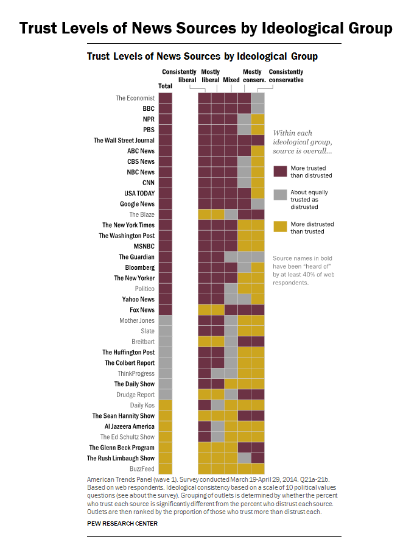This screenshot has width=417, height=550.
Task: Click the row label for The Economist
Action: (135, 98)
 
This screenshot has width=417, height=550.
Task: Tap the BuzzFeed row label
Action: (142, 469)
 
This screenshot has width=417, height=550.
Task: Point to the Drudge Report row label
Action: (135, 395)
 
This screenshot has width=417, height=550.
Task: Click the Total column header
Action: (165, 86)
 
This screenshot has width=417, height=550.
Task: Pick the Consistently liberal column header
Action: (179, 76)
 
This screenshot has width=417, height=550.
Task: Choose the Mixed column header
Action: (231, 80)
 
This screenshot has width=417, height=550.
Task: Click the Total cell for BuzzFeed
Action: (165, 469)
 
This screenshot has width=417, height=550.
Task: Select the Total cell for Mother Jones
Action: (165, 320)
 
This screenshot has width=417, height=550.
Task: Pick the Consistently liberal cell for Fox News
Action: (205, 310)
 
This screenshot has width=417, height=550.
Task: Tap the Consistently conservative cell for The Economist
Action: (258, 98)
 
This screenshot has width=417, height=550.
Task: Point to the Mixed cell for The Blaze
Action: (231, 214)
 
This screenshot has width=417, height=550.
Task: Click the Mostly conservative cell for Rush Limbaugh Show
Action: (244, 458)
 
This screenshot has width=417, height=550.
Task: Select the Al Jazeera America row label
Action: (130, 426)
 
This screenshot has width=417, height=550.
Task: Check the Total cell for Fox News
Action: (165, 310)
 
